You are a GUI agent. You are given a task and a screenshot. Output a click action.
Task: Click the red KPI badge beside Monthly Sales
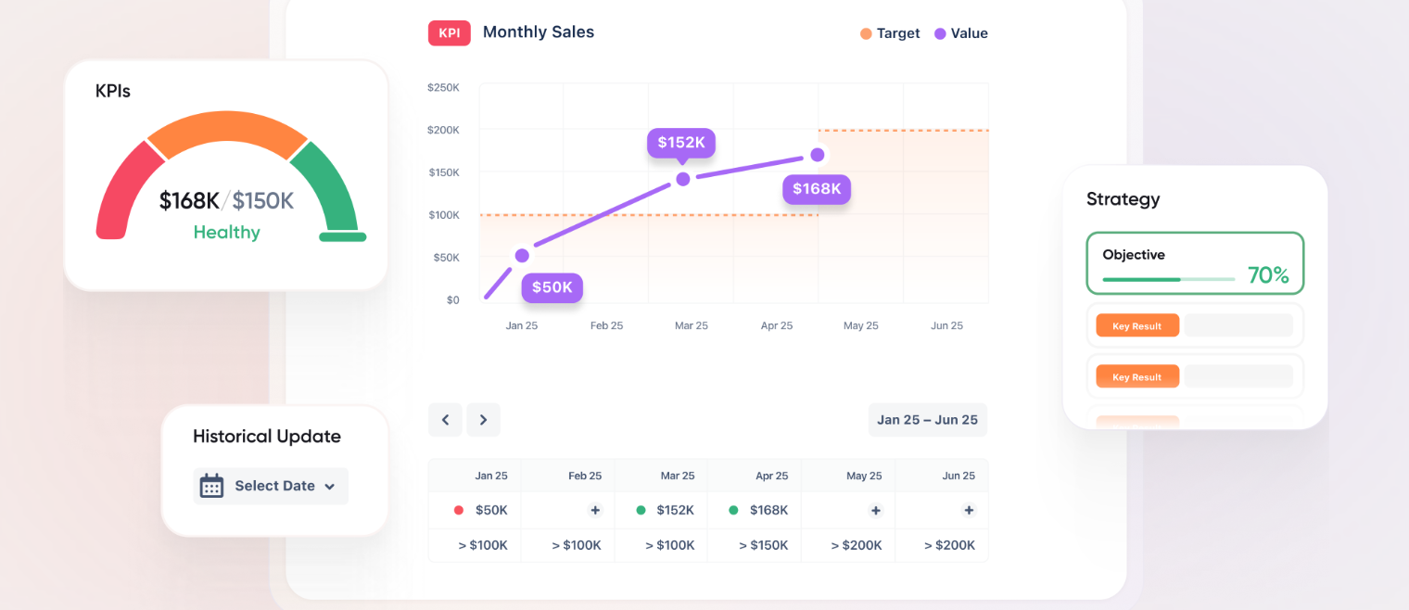pyautogui.click(x=449, y=32)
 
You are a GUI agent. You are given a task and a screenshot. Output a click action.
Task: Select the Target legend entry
pyautogui.click(x=889, y=33)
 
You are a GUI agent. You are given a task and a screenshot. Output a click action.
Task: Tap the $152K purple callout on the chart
pyautogui.click(x=680, y=142)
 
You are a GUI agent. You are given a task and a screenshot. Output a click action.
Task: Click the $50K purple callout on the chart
pyautogui.click(x=552, y=287)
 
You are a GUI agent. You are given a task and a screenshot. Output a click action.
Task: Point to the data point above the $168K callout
pyautogui.click(x=817, y=155)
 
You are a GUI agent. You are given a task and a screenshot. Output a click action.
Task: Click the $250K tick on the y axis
pyautogui.click(x=443, y=87)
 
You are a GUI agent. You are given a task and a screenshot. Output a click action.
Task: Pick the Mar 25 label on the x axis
pyautogui.click(x=691, y=325)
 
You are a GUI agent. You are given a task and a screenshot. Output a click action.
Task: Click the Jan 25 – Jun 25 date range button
pyautogui.click(x=927, y=420)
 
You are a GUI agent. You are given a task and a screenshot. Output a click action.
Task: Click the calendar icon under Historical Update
pyautogui.click(x=212, y=486)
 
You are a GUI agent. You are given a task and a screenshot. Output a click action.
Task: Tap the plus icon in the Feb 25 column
pyautogui.click(x=595, y=510)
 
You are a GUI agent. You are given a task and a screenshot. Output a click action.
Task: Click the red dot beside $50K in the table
pyautogui.click(x=458, y=510)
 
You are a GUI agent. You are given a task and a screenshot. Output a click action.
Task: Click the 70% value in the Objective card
pyautogui.click(x=1267, y=275)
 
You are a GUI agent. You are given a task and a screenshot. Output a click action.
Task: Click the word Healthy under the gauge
pyautogui.click(x=226, y=232)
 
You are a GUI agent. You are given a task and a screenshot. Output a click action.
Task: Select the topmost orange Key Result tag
pyautogui.click(x=1136, y=326)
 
